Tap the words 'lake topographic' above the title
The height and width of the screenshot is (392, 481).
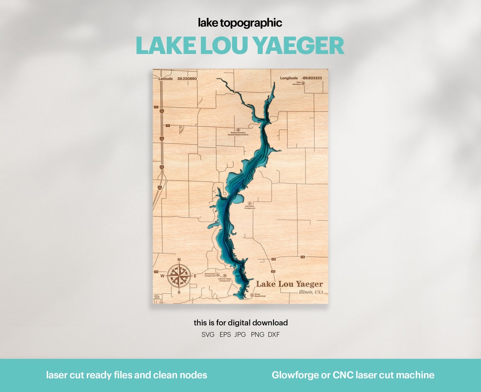[x=240, y=23]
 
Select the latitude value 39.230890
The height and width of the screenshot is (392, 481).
[x=187, y=78]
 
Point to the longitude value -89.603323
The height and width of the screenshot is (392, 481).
[x=311, y=78]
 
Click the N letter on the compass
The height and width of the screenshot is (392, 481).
[x=179, y=259]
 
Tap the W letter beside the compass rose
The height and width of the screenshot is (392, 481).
[x=162, y=276]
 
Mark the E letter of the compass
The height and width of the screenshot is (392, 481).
[x=195, y=276]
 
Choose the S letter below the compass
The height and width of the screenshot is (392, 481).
[x=179, y=292]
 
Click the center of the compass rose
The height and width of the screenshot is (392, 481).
[x=179, y=276]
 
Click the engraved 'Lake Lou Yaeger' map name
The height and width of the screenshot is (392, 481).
[x=289, y=284]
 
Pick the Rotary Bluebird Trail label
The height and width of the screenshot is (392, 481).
[x=260, y=295]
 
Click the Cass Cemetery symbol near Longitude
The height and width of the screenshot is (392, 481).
[x=303, y=83]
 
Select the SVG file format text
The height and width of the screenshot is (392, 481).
[x=208, y=335]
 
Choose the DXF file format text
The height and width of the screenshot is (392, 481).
[x=274, y=335]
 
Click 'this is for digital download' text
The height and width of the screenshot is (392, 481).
[x=240, y=323]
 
